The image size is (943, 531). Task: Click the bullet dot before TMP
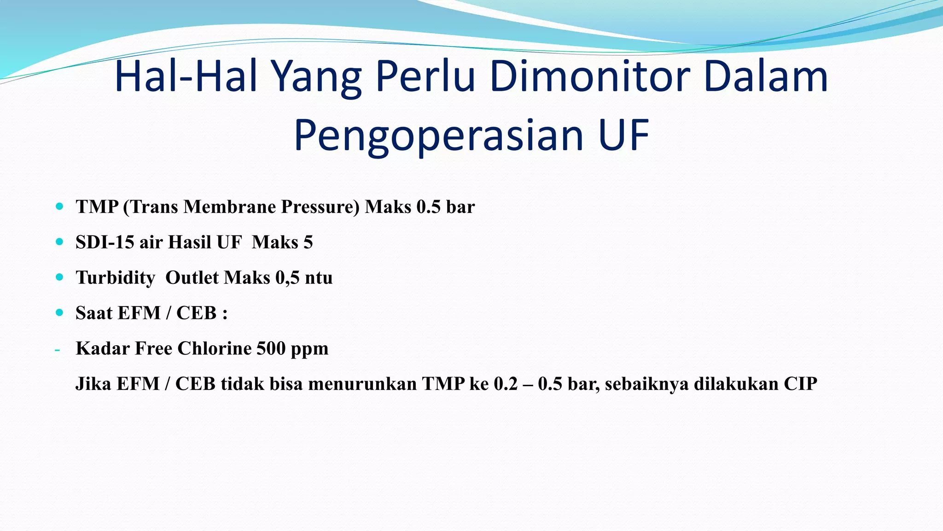click(59, 206)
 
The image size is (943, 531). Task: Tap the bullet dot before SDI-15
click(59, 242)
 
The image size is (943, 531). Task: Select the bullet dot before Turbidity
click(59, 277)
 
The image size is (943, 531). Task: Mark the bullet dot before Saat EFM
click(59, 313)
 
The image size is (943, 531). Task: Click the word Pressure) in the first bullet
click(320, 206)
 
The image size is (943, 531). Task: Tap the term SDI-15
click(105, 242)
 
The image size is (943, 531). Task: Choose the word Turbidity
click(115, 277)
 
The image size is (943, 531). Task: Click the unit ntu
click(319, 277)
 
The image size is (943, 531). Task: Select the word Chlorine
click(214, 348)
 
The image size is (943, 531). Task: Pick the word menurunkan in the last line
click(362, 383)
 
